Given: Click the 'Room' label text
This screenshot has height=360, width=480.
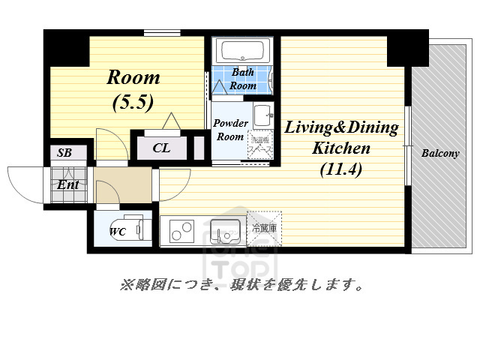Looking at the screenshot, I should click(x=133, y=77).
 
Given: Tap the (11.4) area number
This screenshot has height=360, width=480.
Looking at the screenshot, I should click(x=340, y=169).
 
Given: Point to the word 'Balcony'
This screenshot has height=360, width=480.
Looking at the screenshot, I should click(x=439, y=154).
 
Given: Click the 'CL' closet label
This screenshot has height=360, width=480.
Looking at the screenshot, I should click(x=161, y=148).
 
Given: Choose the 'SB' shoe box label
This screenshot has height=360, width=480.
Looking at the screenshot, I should click(x=65, y=153).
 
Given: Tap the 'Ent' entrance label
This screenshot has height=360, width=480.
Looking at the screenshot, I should click(x=68, y=184).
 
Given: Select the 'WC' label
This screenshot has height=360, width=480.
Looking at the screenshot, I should click(x=117, y=232).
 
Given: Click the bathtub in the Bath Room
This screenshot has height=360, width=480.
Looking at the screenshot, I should click(x=242, y=52).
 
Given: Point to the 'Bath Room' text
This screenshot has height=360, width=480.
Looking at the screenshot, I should click(x=242, y=79).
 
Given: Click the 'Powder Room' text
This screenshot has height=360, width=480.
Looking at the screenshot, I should click(x=229, y=130).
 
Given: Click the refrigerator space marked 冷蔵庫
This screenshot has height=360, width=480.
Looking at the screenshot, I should click(x=265, y=229).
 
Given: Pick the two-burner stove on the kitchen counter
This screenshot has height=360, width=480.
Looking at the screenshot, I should click(x=182, y=231).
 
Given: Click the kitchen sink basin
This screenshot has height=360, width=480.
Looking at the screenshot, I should click(x=224, y=230).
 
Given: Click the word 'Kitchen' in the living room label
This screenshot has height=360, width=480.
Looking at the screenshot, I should click(x=340, y=148).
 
